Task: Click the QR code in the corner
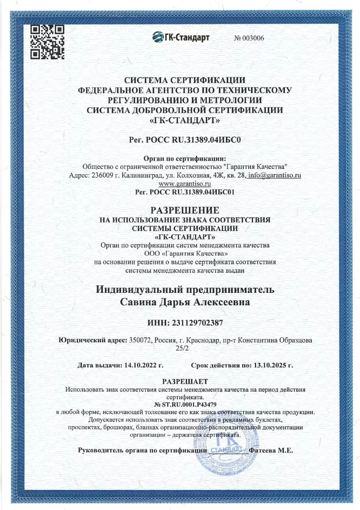pos(48,42)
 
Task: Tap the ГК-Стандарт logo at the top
pos(181,37)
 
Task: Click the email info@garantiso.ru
pos(274,175)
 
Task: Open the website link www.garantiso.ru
pos(184,184)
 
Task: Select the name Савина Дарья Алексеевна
pos(185,302)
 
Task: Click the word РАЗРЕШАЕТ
pos(185,382)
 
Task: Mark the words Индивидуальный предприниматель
pos(185,289)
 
